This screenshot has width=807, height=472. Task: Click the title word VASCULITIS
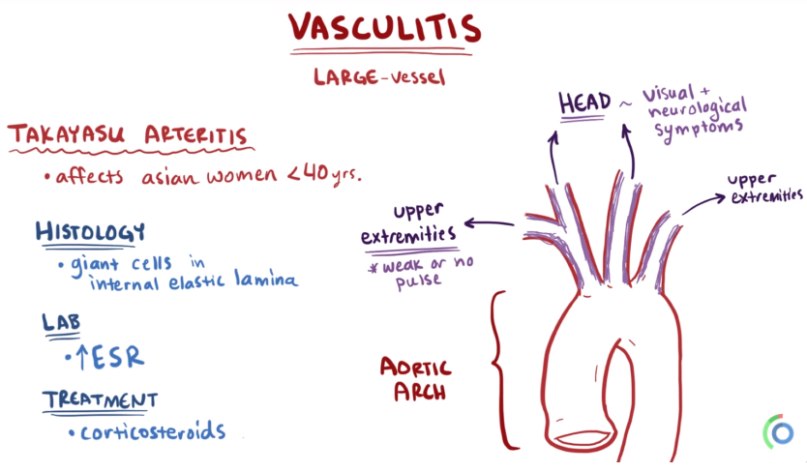point(384,29)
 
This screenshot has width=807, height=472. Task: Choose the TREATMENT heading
point(100,398)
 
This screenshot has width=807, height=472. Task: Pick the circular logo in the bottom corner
point(778,431)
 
